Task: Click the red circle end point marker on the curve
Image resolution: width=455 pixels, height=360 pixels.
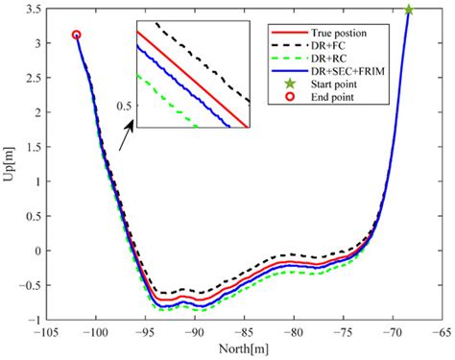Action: pos(77,35)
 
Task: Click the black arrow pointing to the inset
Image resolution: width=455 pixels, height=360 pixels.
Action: pos(126,142)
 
